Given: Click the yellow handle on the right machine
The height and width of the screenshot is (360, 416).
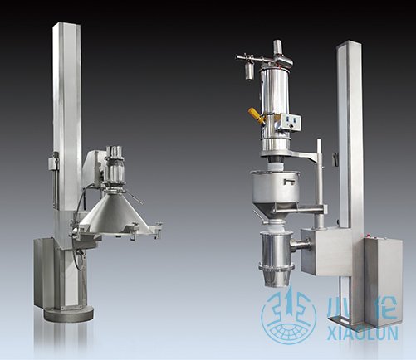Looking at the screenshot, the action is pyautogui.click(x=255, y=114).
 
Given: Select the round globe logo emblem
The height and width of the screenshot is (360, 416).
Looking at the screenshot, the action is pyautogui.click(x=289, y=315).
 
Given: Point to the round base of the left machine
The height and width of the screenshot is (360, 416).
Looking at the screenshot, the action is pyautogui.click(x=69, y=314).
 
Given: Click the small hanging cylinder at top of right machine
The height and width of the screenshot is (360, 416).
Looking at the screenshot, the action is pyautogui.click(x=249, y=71).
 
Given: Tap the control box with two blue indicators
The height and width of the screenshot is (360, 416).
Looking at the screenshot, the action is pyautogui.click(x=291, y=122).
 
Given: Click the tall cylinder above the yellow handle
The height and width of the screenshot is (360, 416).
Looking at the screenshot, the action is pyautogui.click(x=274, y=90).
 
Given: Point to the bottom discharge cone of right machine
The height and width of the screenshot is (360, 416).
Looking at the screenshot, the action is pyautogui.click(x=275, y=278).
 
